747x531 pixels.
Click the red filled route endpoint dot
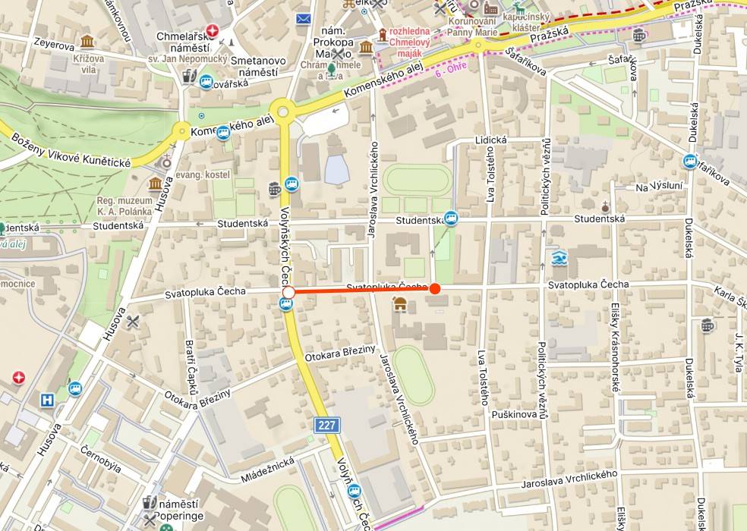pos(435,288)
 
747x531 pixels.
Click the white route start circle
pos(288,292)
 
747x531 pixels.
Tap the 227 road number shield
pos(327,425)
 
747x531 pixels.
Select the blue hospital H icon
pos(48,400)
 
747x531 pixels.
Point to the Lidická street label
pos(490,140)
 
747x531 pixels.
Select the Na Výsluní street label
pos(659,186)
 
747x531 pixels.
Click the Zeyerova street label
pos(54,44)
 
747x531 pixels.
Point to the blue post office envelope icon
pos(304,18)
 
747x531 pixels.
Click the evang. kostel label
pos(202,174)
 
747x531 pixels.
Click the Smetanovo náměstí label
pos(258,67)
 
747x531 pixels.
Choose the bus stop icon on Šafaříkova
pos(690,161)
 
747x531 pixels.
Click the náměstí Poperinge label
pos(176,510)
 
